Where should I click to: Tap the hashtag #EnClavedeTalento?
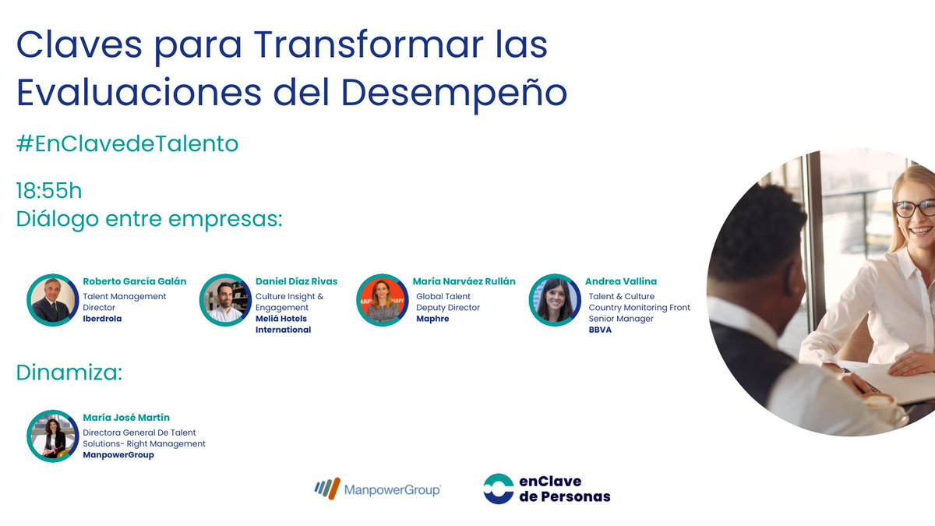tap(127, 144)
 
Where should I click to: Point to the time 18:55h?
tap(49, 190)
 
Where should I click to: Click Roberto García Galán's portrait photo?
tap(52, 300)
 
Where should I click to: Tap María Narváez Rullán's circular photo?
tap(382, 300)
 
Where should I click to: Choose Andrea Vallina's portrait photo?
tap(554, 300)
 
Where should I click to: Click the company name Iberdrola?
tap(102, 319)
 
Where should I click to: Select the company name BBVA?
tap(601, 330)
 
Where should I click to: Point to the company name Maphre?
tap(432, 319)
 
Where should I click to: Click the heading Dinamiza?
tap(69, 373)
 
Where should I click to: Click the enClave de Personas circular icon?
tap(498, 489)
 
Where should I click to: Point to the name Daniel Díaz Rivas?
tap(296, 281)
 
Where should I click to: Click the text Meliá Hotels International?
tap(282, 324)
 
